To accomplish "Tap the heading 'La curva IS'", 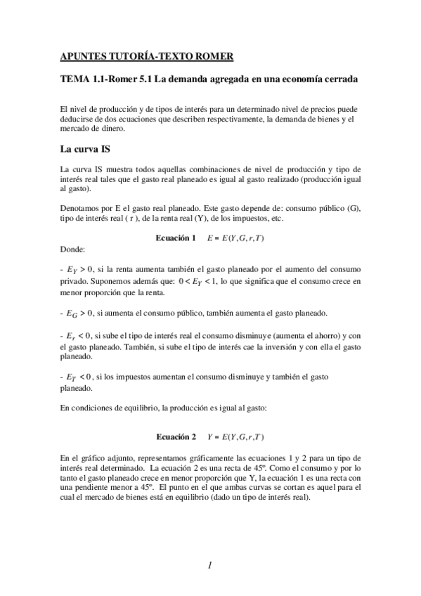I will coord(86,148).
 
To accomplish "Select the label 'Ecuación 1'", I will coord(176,238).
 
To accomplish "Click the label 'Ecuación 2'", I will coord(176,436).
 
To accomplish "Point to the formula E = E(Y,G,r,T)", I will coord(235,238).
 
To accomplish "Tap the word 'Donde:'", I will coord(73,249).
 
